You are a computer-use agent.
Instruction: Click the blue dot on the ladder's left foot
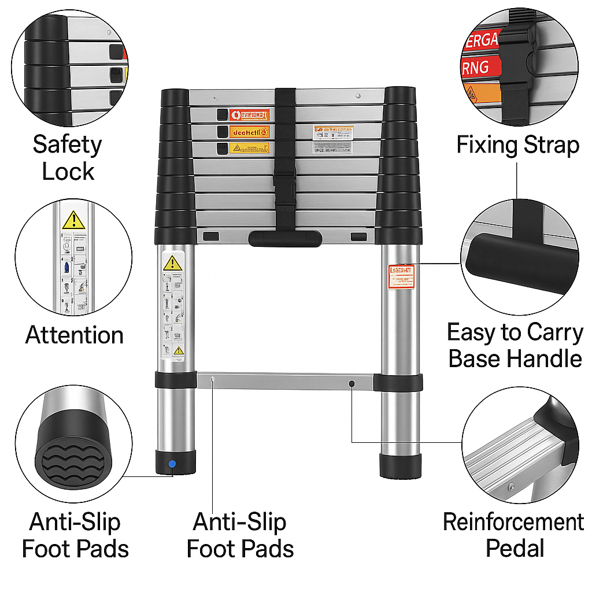tap(171, 464)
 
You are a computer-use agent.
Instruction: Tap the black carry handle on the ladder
tap(285, 238)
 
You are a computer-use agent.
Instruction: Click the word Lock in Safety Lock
tap(68, 172)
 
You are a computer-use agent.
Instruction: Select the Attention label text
tap(74, 335)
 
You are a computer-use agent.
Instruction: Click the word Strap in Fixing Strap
tap(549, 145)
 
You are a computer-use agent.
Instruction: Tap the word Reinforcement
tap(513, 522)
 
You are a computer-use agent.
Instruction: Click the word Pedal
tap(515, 547)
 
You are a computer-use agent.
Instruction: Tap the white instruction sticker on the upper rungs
tap(332, 139)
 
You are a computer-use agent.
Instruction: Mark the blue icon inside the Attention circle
tap(68, 267)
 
